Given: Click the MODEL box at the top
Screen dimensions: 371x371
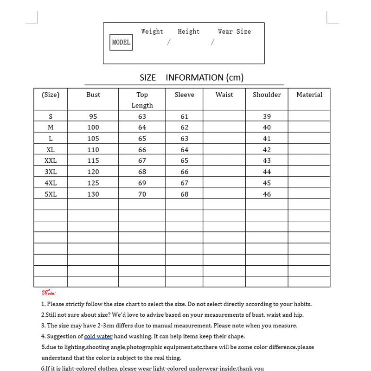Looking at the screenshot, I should tap(121, 42).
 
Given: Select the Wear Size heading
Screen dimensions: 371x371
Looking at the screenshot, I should tap(234, 32).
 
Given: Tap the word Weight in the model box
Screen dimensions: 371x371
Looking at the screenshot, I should tap(152, 32).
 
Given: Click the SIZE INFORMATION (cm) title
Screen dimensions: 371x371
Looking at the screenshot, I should tap(192, 77).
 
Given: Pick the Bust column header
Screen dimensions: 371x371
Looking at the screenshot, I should tap(93, 95).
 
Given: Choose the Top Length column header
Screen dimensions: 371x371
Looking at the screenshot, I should tap(142, 100).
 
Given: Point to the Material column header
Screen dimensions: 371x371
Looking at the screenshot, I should tap(309, 95).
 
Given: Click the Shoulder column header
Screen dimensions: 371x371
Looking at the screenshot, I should tap(267, 95).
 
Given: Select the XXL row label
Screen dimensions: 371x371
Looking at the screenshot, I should tap(51, 160).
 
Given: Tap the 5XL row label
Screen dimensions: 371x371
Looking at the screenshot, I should tap(51, 194).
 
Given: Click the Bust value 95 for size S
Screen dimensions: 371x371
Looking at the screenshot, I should tap(93, 116).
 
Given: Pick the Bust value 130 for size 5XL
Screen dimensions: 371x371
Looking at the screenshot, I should tap(93, 194).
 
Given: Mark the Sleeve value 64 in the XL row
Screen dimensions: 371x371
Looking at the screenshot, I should tap(185, 150).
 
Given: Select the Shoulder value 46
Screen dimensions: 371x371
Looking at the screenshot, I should tap(267, 194).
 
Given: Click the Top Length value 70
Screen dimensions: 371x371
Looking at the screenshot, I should tap(142, 194).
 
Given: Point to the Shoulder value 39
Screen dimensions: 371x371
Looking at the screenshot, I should tap(267, 116).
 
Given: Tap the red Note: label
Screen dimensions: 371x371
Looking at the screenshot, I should tap(49, 293).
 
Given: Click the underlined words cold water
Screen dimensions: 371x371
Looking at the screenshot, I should tap(98, 336).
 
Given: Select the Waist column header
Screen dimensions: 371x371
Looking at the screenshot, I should tap(224, 95).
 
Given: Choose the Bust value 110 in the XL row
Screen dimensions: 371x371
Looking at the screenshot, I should tap(93, 150).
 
